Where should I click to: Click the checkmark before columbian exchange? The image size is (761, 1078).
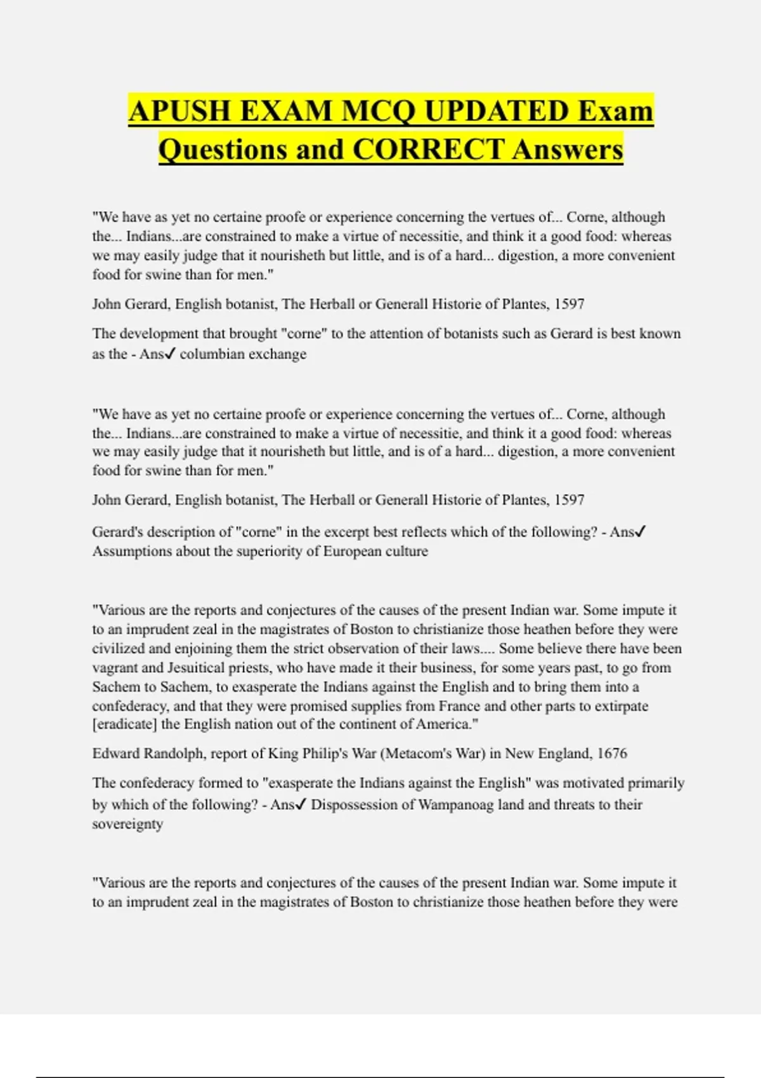[170, 354]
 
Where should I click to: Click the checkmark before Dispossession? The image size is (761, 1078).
[301, 804]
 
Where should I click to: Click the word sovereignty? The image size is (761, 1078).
[127, 824]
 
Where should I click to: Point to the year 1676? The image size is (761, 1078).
[611, 753]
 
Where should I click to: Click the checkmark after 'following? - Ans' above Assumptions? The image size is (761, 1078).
[640, 532]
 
